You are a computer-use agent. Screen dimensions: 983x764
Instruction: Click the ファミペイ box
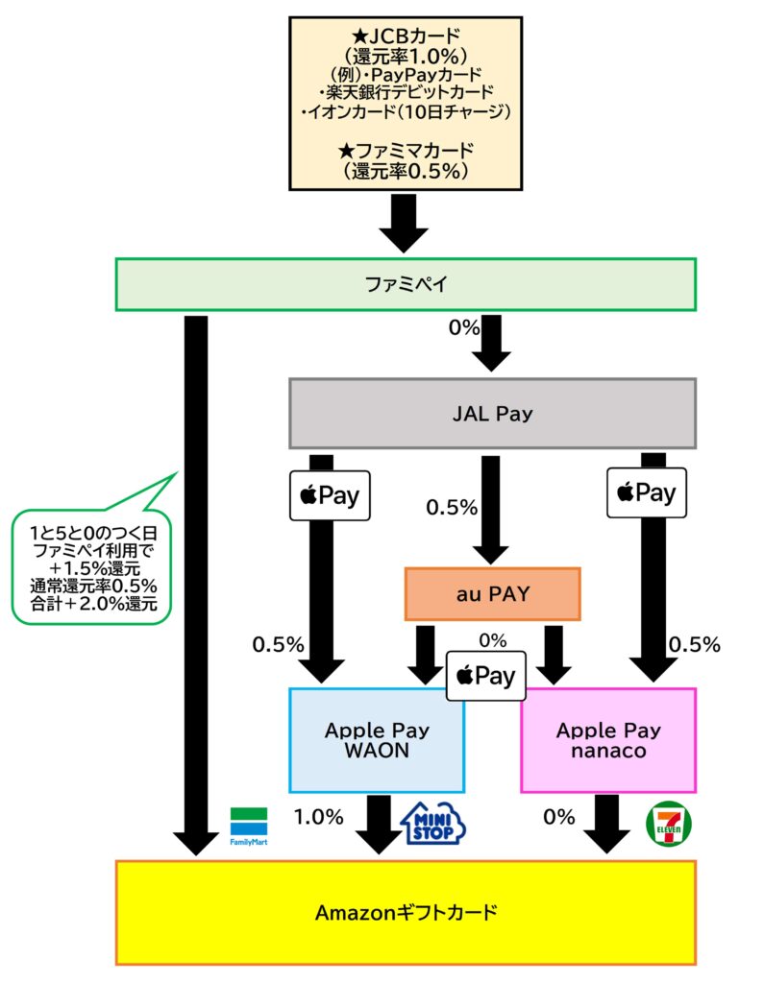[405, 284]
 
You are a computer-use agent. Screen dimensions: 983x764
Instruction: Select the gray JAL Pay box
[492, 414]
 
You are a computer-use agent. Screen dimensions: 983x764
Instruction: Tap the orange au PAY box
[492, 594]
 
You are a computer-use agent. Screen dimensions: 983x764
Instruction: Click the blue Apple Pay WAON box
[376, 740]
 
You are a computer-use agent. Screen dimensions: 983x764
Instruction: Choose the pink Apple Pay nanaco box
[607, 740]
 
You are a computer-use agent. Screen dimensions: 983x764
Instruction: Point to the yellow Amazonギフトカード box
[405, 912]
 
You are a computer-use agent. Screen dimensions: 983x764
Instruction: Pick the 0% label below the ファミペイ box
[464, 327]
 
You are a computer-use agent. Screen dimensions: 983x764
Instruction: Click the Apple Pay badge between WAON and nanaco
[486, 676]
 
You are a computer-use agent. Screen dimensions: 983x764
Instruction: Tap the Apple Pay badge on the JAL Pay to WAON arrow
[330, 495]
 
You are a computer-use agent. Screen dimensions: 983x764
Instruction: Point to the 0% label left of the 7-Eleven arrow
[558, 817]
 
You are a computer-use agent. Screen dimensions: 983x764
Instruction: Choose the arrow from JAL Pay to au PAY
[491, 509]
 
